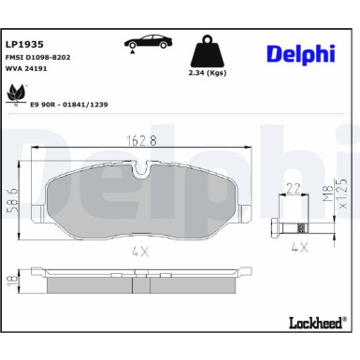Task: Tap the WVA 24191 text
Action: pyautogui.click(x=28, y=68)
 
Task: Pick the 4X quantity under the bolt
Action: pyautogui.click(x=299, y=249)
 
